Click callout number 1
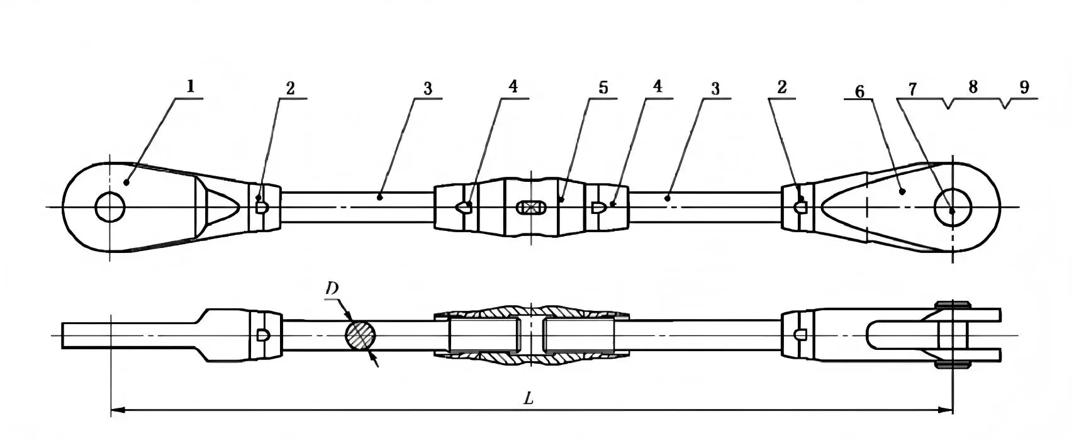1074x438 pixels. pyautogui.click(x=190, y=87)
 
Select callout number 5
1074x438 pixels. pyautogui.click(x=603, y=87)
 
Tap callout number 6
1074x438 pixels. pyautogui.click(x=859, y=92)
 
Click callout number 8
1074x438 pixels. pyautogui.click(x=973, y=87)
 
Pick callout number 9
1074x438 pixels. pyautogui.click(x=1024, y=87)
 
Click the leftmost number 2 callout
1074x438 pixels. pyautogui.click(x=289, y=88)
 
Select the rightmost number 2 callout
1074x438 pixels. pyautogui.click(x=781, y=87)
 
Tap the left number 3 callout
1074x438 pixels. pyautogui.click(x=428, y=87)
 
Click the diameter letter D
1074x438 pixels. pyautogui.click(x=332, y=288)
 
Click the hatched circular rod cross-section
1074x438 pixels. pyautogui.click(x=361, y=334)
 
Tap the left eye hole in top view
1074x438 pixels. pyautogui.click(x=111, y=208)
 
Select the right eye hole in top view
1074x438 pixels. pyautogui.click(x=952, y=208)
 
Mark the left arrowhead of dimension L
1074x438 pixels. pyautogui.click(x=117, y=410)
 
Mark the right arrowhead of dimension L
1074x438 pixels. pyautogui.click(x=946, y=410)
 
